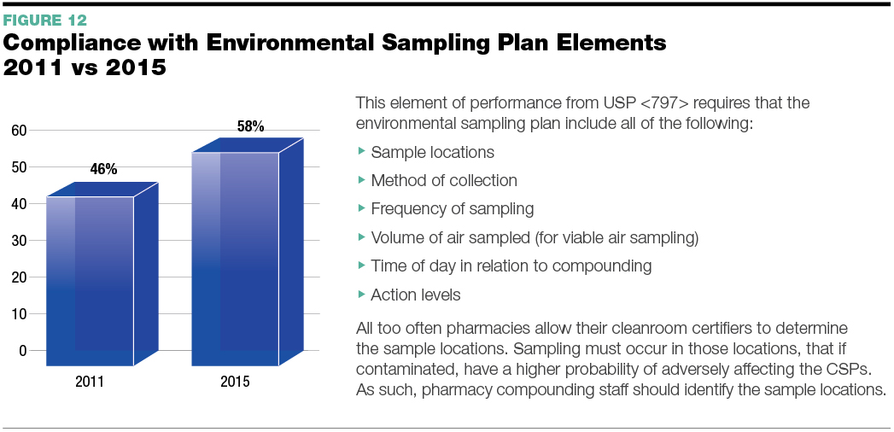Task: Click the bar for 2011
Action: point(102,274)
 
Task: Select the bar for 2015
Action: point(247,252)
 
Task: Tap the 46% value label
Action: point(103,169)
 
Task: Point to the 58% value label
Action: point(250,126)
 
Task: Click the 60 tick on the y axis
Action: point(20,131)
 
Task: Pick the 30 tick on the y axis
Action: point(20,241)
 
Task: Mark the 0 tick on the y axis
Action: point(23,351)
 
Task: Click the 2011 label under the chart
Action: point(90,382)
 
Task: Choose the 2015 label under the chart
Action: point(235,382)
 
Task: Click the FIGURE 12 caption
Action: point(45,20)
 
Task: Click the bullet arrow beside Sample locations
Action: point(361,151)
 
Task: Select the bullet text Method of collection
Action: point(444,181)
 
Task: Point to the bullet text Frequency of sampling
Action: point(453,209)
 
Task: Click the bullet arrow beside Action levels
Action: point(361,294)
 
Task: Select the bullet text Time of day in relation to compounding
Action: point(511,266)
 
